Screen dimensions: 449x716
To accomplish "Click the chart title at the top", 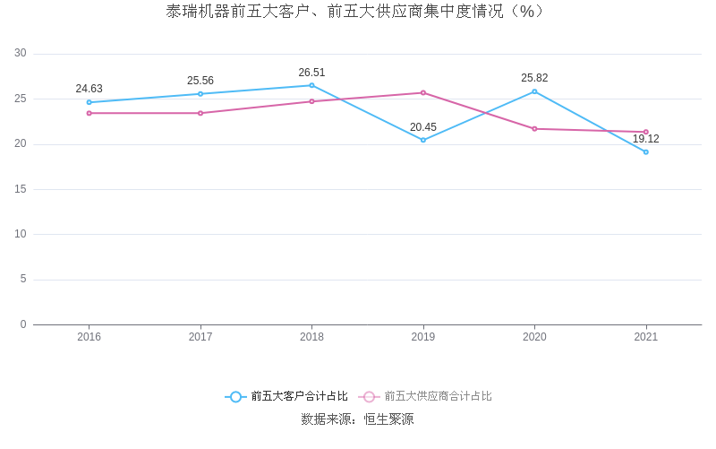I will pyautogui.click(x=357, y=12).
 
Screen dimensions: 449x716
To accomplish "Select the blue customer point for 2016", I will pyautogui.click(x=89, y=102).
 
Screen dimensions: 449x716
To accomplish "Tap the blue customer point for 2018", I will pyautogui.click(x=311, y=85).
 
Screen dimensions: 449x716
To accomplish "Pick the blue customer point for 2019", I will pyautogui.click(x=423, y=140).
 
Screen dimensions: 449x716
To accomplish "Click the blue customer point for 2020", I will pyautogui.click(x=534, y=91).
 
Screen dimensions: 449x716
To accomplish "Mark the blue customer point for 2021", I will pyautogui.click(x=645, y=151).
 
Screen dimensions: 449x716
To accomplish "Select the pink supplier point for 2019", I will pyautogui.click(x=423, y=92).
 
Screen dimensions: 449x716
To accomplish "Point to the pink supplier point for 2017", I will pyautogui.click(x=200, y=113).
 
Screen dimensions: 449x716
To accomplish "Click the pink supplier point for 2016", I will pyautogui.click(x=89, y=113).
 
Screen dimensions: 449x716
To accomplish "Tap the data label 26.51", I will pyautogui.click(x=311, y=73).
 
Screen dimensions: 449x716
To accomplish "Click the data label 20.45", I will pyautogui.click(x=423, y=127).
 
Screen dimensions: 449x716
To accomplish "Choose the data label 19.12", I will pyautogui.click(x=645, y=139).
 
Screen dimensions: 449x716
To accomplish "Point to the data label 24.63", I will pyautogui.click(x=89, y=89).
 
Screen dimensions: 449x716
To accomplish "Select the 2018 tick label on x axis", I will pyautogui.click(x=311, y=337).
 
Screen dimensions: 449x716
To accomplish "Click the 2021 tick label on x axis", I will pyautogui.click(x=645, y=337).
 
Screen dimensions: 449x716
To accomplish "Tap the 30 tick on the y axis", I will pyautogui.click(x=21, y=54).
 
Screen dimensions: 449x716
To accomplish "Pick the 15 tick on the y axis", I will pyautogui.click(x=21, y=189).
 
